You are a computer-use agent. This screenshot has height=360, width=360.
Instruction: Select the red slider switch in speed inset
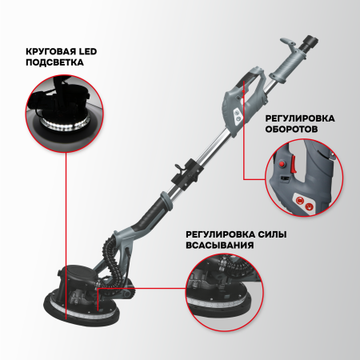(294, 166)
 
